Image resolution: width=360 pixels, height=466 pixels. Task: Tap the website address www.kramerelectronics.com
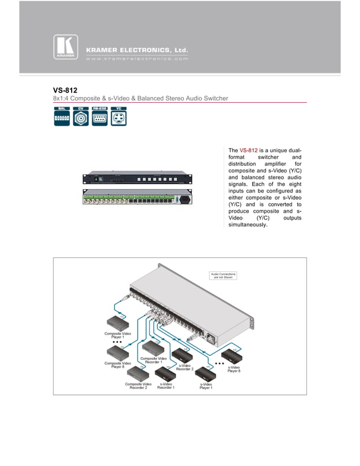tap(137, 58)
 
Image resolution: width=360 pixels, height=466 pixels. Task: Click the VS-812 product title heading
tap(65, 90)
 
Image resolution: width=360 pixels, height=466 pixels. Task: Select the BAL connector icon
tap(62, 116)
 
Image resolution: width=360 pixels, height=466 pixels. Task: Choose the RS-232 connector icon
tap(99, 116)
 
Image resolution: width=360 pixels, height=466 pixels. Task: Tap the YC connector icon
tap(118, 116)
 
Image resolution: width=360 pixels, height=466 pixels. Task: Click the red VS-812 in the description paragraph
tap(248, 151)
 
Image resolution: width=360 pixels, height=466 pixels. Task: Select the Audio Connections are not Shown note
tap(223, 276)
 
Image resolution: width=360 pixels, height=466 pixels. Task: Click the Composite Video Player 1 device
tap(118, 323)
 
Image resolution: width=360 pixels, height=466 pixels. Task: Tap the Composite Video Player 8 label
tap(117, 365)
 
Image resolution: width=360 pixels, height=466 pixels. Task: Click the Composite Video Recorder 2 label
tap(138, 386)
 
